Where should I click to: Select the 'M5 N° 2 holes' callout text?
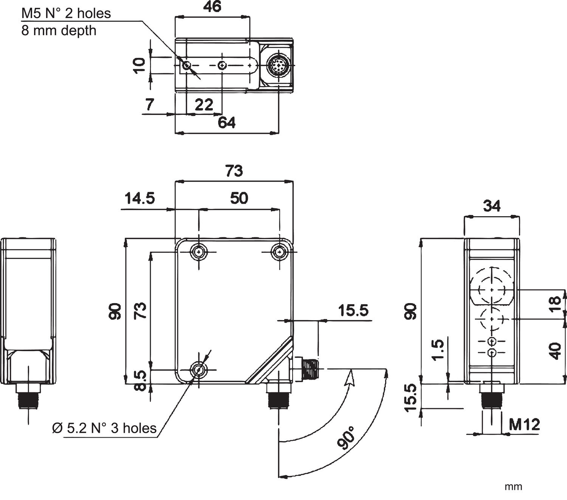(x=66, y=13)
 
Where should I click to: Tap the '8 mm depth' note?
(x=59, y=30)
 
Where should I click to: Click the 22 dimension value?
(x=204, y=104)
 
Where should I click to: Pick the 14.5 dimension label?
(x=140, y=198)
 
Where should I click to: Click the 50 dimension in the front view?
(x=239, y=198)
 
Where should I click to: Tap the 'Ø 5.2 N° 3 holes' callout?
(x=104, y=428)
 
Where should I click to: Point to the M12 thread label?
(x=524, y=424)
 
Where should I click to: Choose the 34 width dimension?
(x=491, y=206)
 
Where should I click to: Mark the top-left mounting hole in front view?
(x=199, y=252)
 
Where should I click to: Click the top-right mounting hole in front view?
(x=280, y=252)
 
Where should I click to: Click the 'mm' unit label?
(x=513, y=486)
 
